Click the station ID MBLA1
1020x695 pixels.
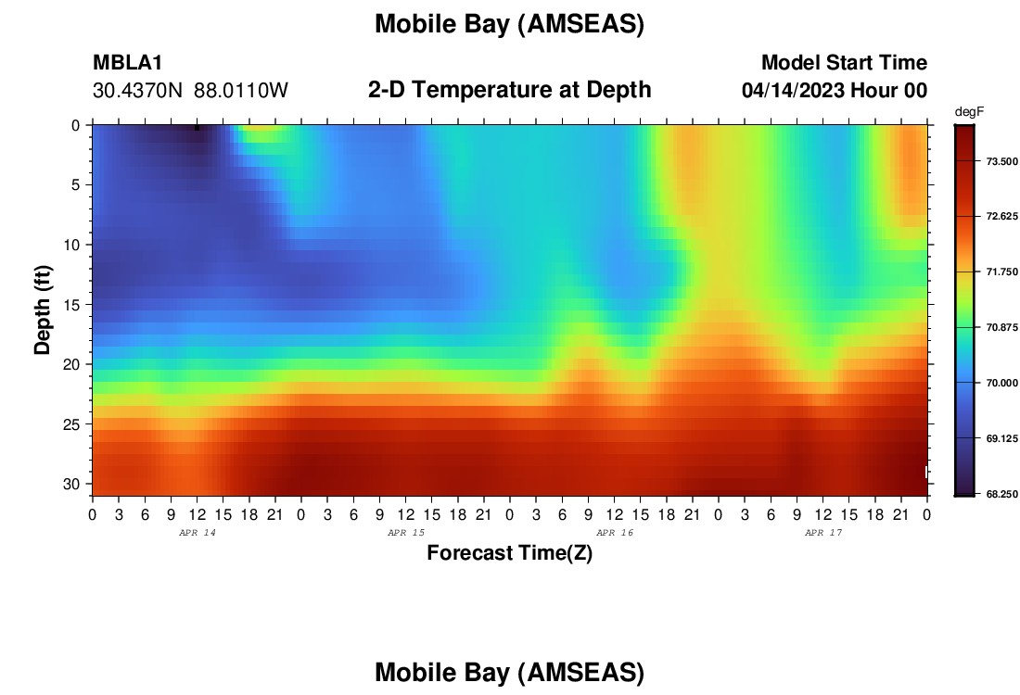(128, 62)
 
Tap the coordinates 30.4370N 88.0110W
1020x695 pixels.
(190, 91)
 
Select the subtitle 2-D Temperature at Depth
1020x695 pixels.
(509, 90)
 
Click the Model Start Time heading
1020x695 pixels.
(844, 62)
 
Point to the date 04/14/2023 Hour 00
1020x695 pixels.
(835, 91)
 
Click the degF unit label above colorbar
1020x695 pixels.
(969, 112)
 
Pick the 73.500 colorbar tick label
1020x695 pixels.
(1001, 161)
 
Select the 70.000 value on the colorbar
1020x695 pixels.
(1001, 383)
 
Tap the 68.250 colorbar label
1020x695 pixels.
(1001, 494)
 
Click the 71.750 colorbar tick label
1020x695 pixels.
(1001, 272)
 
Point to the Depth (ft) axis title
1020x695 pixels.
(43, 310)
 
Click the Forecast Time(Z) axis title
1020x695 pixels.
(509, 553)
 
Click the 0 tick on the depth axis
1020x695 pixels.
(76, 125)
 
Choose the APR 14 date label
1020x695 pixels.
(198, 533)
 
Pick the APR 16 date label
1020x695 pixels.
(615, 533)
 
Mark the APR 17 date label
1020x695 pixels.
(823, 533)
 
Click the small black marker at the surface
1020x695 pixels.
(198, 128)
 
